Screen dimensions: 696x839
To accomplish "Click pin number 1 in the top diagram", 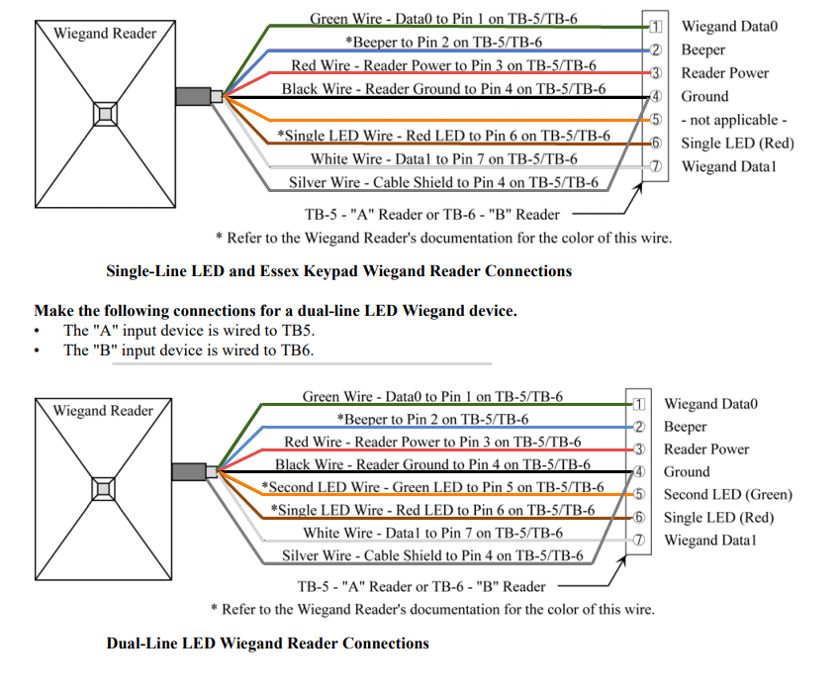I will click(x=654, y=27).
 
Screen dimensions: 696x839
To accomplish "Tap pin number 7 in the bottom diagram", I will click(x=639, y=541).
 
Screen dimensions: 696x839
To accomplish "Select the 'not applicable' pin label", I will click(x=733, y=120).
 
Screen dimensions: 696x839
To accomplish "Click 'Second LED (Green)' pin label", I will click(x=727, y=495).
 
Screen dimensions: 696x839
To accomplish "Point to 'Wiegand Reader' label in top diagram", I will click(x=105, y=34).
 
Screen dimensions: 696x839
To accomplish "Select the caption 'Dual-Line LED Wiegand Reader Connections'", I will click(x=267, y=644).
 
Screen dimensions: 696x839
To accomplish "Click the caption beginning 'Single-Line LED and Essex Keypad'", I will click(x=338, y=270).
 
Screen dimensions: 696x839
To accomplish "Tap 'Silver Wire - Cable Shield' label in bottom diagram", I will click(x=432, y=556).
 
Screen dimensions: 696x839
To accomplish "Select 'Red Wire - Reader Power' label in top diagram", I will click(x=443, y=66).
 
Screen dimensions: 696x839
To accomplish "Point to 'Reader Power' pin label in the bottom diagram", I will click(x=705, y=449).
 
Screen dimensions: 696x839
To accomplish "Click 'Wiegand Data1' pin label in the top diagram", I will click(x=728, y=166).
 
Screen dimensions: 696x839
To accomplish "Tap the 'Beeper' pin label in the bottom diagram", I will click(x=685, y=427).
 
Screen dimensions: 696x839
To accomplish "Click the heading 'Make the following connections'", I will click(x=275, y=311).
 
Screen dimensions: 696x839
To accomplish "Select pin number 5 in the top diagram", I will click(x=654, y=120).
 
